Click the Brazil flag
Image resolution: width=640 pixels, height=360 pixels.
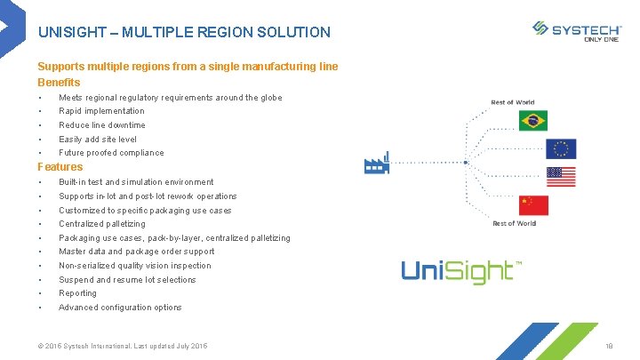pyautogui.click(x=533, y=121)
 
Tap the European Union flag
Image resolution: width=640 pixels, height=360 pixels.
pyautogui.click(x=561, y=148)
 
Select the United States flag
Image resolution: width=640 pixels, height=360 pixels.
pyautogui.click(x=561, y=177)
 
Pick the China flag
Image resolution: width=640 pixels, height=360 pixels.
pyautogui.click(x=533, y=205)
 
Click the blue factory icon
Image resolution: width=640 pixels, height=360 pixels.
pyautogui.click(x=377, y=164)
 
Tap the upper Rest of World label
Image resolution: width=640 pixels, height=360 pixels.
pyautogui.click(x=513, y=103)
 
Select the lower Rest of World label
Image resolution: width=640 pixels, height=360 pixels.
pyautogui.click(x=515, y=224)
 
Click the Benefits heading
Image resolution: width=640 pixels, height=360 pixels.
pyautogui.click(x=59, y=83)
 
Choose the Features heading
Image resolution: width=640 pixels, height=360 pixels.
pyautogui.click(x=60, y=167)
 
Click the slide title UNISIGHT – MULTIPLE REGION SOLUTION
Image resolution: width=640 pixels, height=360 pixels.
pyautogui.click(x=184, y=33)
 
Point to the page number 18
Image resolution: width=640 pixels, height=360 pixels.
pyautogui.click(x=609, y=345)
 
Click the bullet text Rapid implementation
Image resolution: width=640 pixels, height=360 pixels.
pyautogui.click(x=101, y=111)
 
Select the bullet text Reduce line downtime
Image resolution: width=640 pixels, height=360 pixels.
pyautogui.click(x=102, y=125)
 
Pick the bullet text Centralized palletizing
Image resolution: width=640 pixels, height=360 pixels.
pyautogui.click(x=102, y=224)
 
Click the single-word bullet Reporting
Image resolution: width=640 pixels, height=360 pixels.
pyautogui.click(x=78, y=293)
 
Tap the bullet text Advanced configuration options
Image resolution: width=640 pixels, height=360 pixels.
pyautogui.click(x=120, y=308)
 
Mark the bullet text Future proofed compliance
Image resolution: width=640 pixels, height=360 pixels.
pyautogui.click(x=111, y=153)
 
